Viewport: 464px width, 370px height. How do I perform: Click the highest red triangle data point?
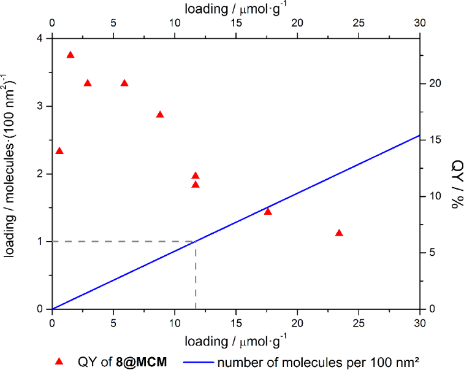point(70,55)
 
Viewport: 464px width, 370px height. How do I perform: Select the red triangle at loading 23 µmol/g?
point(339,233)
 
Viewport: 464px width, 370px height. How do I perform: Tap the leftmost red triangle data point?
point(59,151)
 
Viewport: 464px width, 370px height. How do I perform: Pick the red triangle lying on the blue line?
point(268,212)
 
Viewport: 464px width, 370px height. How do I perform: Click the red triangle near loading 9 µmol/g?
point(160,115)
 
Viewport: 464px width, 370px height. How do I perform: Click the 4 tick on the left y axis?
point(41,39)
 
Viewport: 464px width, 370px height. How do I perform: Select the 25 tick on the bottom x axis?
point(359,322)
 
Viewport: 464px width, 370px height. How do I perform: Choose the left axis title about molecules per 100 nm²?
point(10,174)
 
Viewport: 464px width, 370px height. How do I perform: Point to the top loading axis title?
point(236,9)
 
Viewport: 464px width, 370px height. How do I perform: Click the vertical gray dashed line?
point(196,276)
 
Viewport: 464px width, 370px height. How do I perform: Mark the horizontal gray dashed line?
point(123,241)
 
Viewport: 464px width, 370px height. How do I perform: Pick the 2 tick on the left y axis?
point(41,174)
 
